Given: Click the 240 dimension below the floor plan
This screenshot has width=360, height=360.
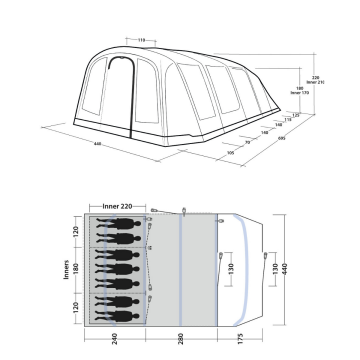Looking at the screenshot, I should [118, 337].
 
